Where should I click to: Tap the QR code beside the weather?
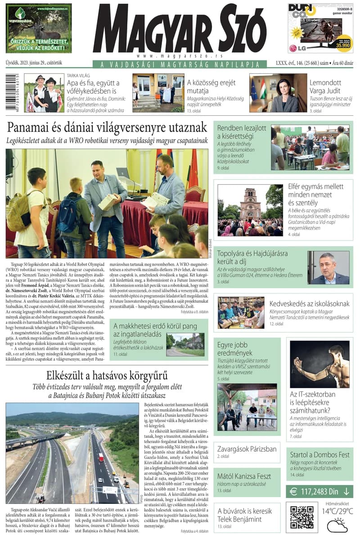[301, 516]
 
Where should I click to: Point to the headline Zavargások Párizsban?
[247, 449]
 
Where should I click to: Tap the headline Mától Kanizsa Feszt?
[244, 476]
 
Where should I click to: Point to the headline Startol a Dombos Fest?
[319, 454]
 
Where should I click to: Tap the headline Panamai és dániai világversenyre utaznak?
[107, 127]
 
